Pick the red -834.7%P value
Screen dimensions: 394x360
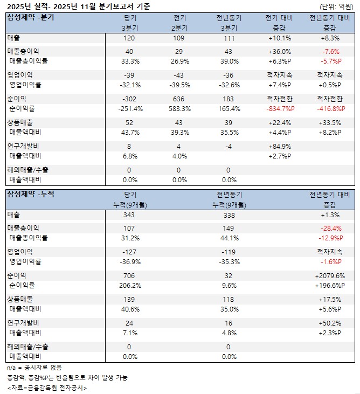279,108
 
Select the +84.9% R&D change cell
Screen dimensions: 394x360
279,146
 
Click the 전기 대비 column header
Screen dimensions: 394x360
279,18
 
